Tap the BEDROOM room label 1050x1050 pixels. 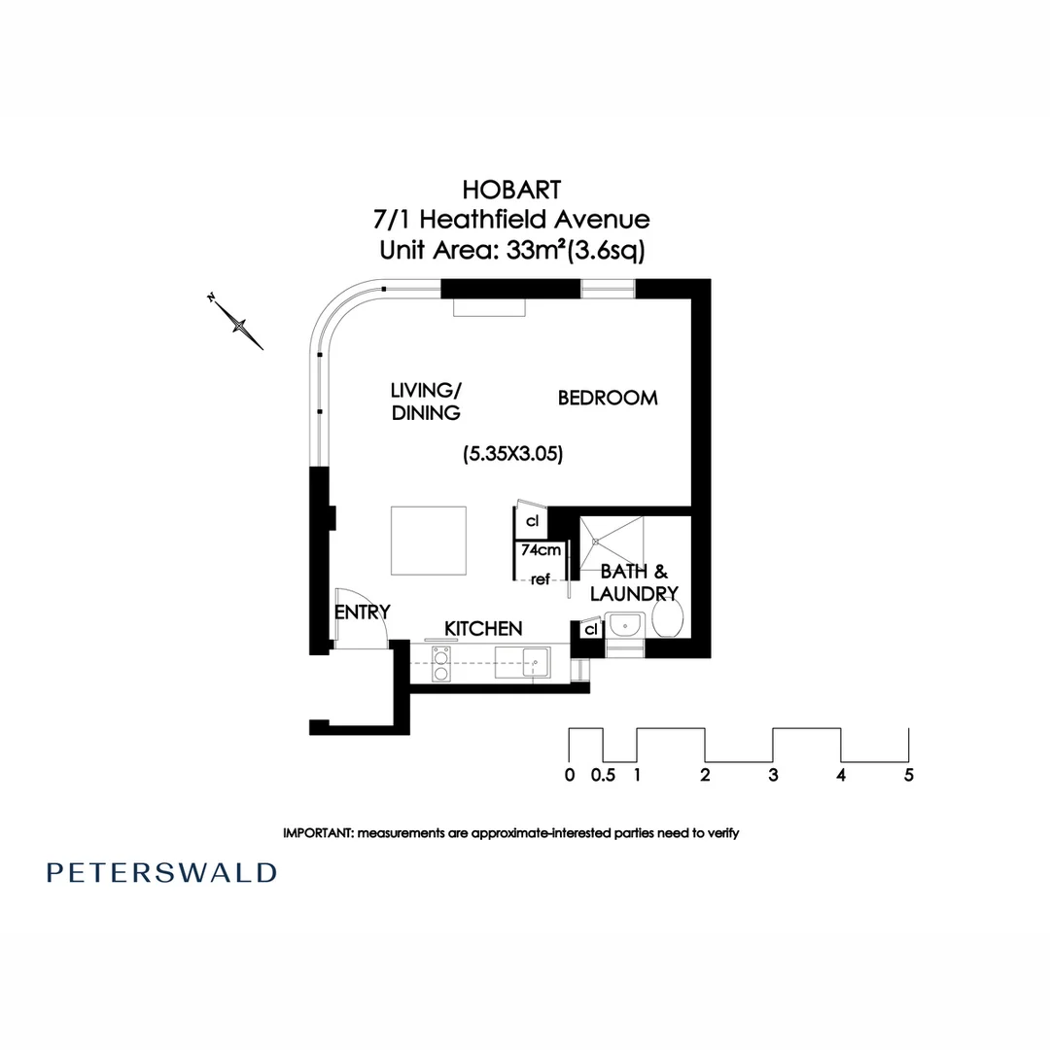607,398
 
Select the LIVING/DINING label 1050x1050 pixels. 425,401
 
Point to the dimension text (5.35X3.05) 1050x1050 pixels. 512,453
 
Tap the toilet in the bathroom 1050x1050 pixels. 667,616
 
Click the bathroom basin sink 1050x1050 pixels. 622,624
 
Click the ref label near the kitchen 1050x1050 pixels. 541,579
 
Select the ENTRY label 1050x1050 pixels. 362,612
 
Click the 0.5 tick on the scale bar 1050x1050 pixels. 603,775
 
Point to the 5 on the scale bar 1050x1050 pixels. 908,775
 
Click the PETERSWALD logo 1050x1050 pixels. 161,871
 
